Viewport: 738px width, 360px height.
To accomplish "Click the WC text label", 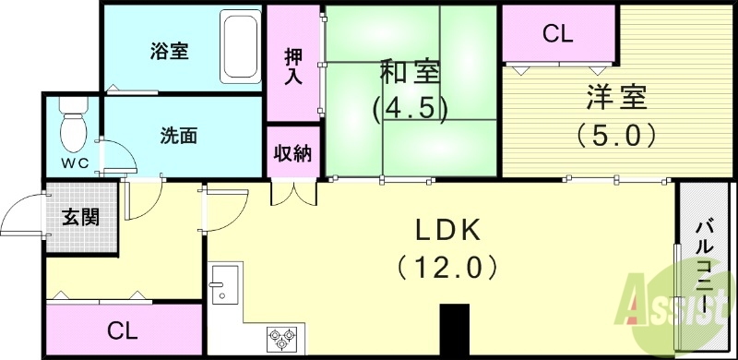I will [75, 164].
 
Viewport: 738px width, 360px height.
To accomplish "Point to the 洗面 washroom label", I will [179, 136].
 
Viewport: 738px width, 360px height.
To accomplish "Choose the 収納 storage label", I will [292, 153].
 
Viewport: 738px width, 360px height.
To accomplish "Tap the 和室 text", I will [409, 72].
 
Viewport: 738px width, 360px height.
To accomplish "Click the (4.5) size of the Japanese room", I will [409, 109].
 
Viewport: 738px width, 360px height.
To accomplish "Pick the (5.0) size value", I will [616, 136].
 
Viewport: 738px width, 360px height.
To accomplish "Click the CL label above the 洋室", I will [557, 34].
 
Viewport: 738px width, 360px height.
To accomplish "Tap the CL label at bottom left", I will [122, 330].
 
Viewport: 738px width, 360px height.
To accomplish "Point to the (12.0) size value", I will [447, 268].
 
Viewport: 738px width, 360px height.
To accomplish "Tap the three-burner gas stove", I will [281, 338].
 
